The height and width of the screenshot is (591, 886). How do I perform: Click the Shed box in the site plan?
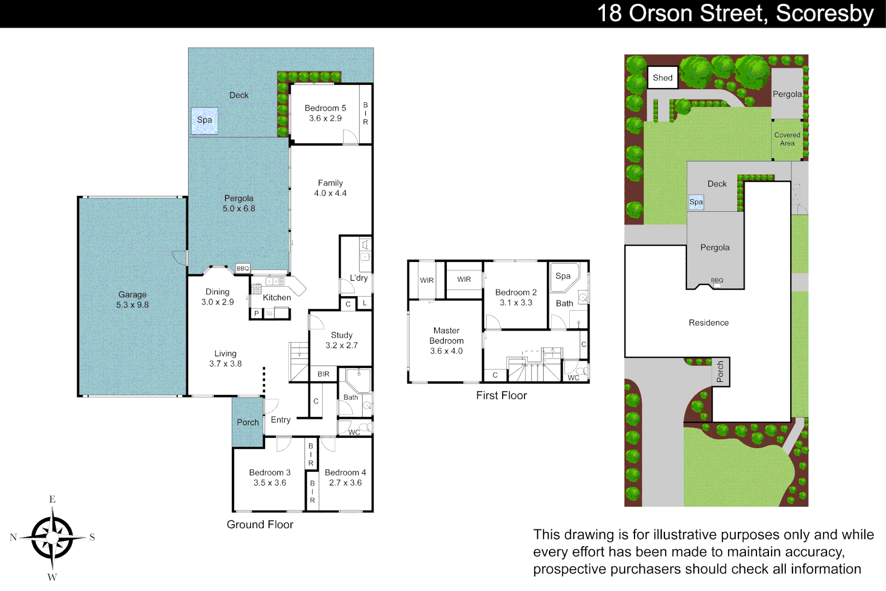(662, 78)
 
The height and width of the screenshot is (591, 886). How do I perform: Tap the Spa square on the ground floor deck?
(204, 120)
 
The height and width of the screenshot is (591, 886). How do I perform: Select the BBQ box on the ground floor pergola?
(242, 268)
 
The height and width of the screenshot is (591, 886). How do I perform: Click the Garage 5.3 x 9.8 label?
(132, 300)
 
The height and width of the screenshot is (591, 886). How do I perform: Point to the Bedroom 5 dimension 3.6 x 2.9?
(325, 118)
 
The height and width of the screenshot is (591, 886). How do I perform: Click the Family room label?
(330, 183)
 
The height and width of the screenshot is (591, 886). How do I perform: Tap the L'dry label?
(359, 278)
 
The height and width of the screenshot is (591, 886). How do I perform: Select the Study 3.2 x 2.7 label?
(341, 340)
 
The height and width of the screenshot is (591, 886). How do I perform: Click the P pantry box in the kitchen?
(256, 314)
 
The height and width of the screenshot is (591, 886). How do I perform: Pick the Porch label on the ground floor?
(248, 422)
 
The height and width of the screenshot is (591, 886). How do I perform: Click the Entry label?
(281, 420)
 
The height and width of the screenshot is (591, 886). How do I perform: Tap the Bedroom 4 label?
(345, 472)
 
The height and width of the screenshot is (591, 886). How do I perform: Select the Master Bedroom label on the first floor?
(446, 335)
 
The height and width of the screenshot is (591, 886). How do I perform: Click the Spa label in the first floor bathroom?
(563, 276)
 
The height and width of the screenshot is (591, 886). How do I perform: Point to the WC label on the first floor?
(573, 378)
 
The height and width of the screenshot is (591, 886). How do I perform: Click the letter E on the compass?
(52, 499)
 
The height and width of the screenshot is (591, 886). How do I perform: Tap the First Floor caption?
(501, 396)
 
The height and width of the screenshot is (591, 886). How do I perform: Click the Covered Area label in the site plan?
(787, 139)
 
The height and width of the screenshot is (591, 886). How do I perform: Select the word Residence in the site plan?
(708, 323)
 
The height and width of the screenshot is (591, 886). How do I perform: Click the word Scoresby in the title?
(825, 14)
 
